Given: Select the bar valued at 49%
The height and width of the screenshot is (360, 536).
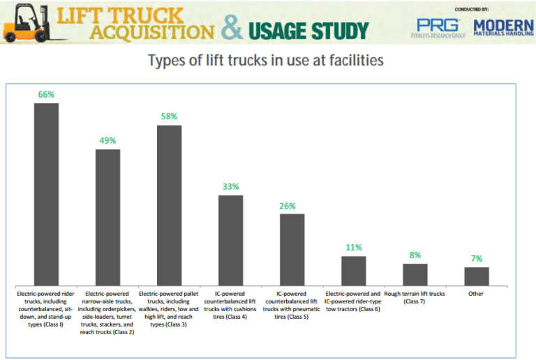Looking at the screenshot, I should pyautogui.click(x=108, y=216).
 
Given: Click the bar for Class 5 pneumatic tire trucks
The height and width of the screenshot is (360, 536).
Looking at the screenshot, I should pyautogui.click(x=292, y=248).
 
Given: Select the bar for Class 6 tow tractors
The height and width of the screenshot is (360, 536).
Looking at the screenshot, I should pyautogui.click(x=354, y=269).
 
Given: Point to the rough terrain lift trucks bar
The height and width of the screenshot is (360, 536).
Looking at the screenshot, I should pyautogui.click(x=415, y=273).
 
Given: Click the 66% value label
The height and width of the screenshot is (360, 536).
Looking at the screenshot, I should pyautogui.click(x=47, y=94).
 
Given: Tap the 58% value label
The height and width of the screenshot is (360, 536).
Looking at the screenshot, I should pyautogui.click(x=170, y=117).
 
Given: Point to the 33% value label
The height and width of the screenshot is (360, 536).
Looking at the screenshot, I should pyautogui.click(x=231, y=186).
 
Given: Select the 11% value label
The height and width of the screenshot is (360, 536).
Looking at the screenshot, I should pyautogui.click(x=354, y=247).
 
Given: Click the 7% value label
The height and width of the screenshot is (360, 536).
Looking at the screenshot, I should pyautogui.click(x=477, y=258).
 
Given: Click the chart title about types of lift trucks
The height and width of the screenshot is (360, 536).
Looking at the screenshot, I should pyautogui.click(x=266, y=61).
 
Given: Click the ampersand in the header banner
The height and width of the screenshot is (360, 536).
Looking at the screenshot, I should pyautogui.click(x=232, y=28).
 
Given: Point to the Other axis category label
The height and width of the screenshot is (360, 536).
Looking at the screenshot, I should pyautogui.click(x=477, y=294).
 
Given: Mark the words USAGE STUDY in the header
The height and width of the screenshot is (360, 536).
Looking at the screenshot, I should pyautogui.click(x=308, y=30).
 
